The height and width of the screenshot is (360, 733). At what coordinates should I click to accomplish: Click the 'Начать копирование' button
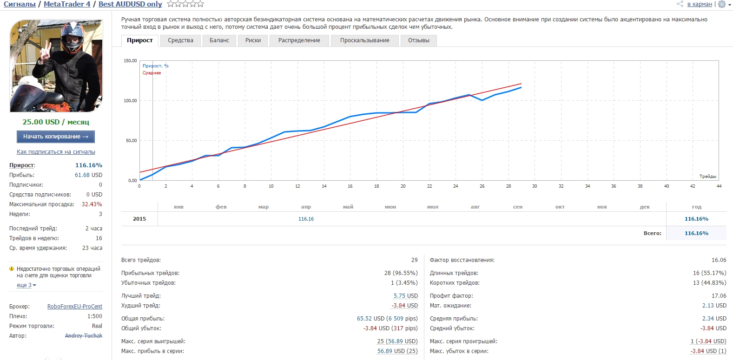[56, 137]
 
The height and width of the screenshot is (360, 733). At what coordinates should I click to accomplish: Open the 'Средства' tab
[180, 40]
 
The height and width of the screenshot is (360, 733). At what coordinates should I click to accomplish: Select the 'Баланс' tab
[219, 40]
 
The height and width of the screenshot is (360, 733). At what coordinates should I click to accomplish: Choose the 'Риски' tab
[253, 40]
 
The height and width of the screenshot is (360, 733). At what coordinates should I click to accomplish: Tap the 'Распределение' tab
[299, 40]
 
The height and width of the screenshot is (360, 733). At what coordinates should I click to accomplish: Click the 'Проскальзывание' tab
[364, 40]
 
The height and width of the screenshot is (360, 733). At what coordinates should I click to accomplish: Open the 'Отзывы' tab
[418, 40]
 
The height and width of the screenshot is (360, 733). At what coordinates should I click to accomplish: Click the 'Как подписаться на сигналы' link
[56, 152]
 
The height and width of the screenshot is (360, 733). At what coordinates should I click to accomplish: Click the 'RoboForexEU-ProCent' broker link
[75, 307]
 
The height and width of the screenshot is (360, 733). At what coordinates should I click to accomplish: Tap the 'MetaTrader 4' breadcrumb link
[67, 4]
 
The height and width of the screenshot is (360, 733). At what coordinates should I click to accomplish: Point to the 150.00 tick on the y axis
[130, 61]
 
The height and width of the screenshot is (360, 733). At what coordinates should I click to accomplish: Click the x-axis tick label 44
[719, 186]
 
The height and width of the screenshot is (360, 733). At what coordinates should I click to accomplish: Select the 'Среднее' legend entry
[152, 73]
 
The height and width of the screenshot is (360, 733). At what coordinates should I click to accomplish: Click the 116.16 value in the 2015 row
[306, 219]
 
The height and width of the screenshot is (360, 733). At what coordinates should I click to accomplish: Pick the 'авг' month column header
[475, 207]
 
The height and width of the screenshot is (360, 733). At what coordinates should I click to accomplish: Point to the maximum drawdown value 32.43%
[92, 204]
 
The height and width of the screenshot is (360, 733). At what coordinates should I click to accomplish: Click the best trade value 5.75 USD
[405, 296]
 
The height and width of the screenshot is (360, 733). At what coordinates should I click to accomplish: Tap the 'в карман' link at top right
[699, 4]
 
